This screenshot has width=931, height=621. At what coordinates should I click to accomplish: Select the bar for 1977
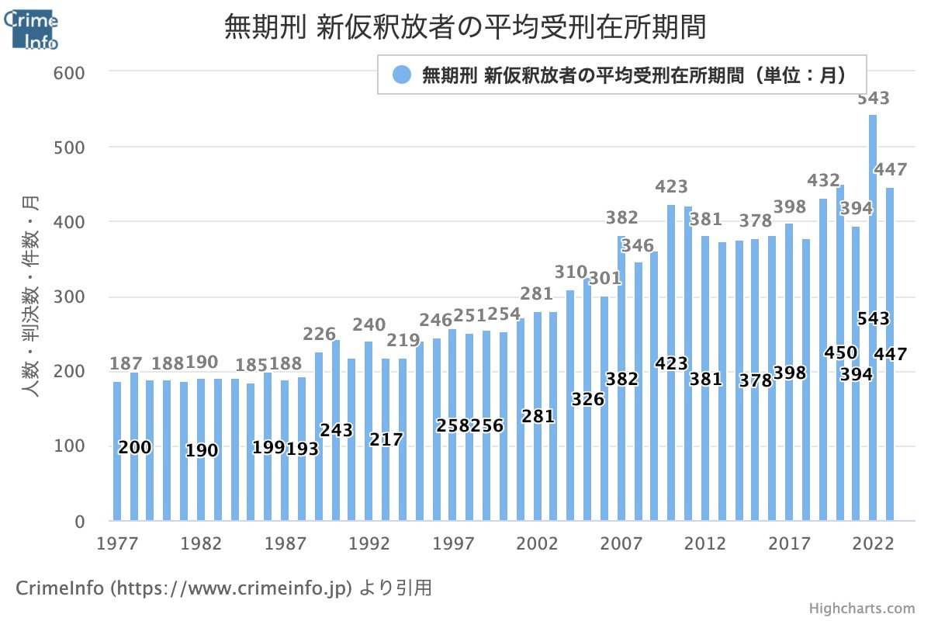(117, 450)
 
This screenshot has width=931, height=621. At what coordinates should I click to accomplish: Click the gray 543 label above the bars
(873, 99)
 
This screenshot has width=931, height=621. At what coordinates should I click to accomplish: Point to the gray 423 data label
(671, 186)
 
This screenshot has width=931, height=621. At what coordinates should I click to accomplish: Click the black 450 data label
(840, 353)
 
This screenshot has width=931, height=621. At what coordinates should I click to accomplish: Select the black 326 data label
(587, 399)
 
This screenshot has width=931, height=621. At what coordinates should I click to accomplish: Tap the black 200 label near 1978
(135, 447)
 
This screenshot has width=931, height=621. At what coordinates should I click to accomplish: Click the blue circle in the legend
(401, 75)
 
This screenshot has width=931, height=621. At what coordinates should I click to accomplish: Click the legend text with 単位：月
(632, 75)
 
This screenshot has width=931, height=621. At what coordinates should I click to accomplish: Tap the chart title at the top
(465, 27)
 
